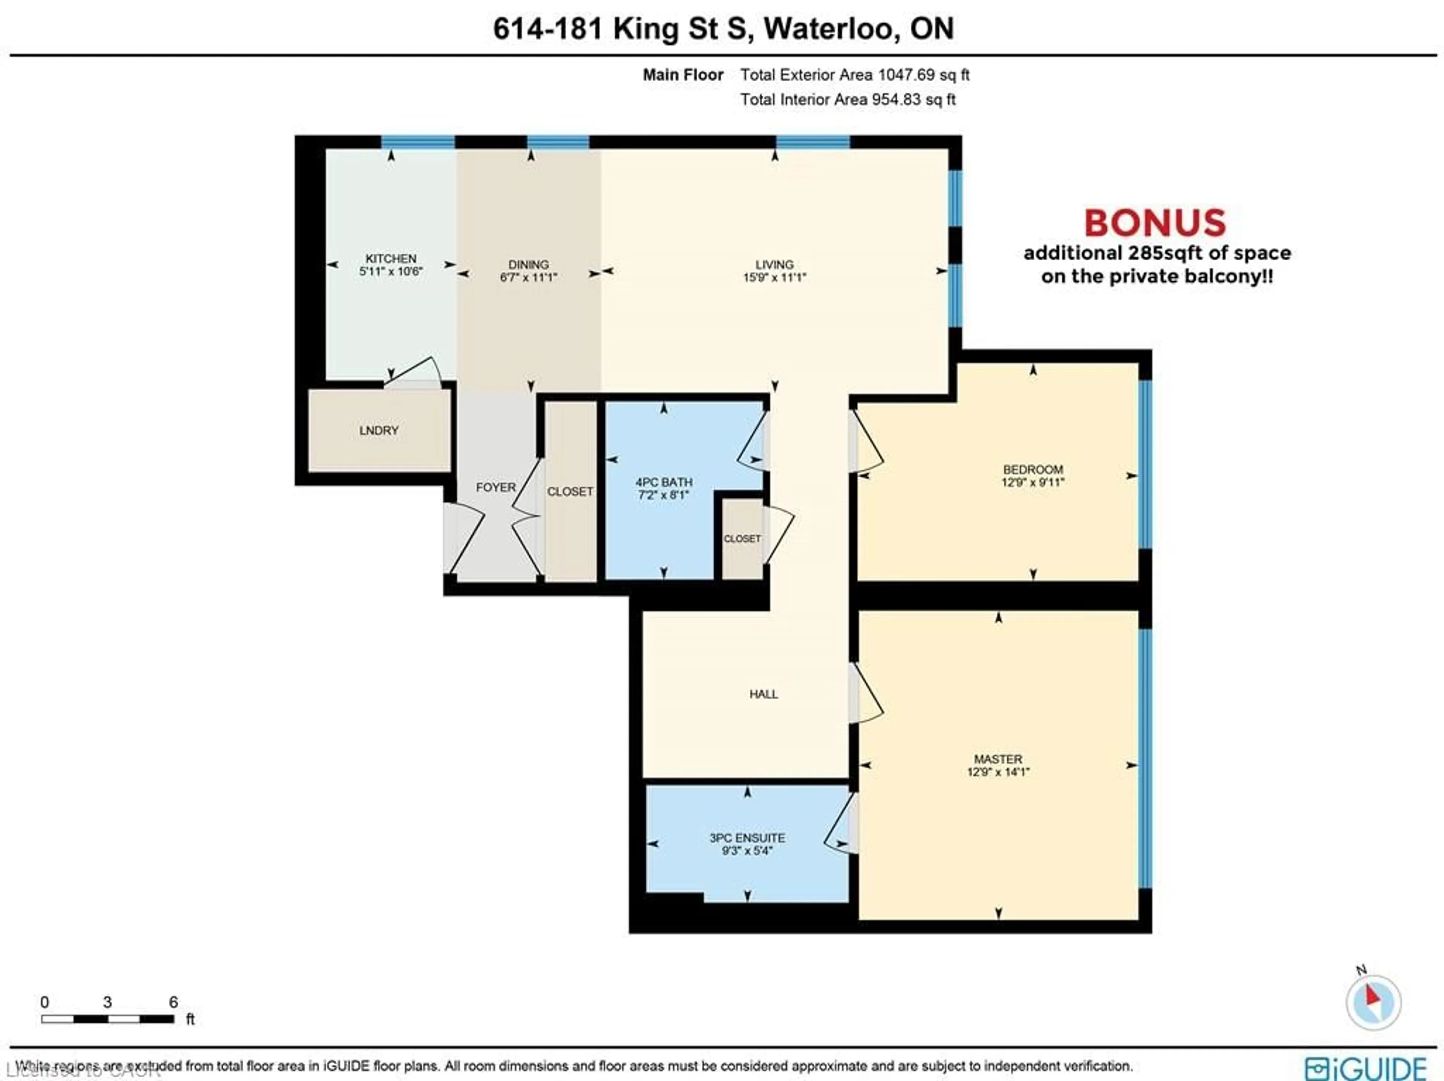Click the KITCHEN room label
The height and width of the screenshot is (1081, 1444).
click(x=390, y=258)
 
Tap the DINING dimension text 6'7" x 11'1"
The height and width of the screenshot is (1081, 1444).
click(x=528, y=277)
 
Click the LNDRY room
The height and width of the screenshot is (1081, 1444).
click(x=379, y=430)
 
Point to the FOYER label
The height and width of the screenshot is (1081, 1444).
click(x=496, y=487)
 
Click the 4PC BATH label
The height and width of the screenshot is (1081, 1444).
click(x=664, y=482)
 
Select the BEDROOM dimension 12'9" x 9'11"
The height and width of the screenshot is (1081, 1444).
click(x=1033, y=483)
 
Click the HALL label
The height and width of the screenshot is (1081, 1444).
click(x=763, y=694)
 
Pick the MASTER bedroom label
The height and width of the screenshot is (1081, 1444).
click(x=998, y=759)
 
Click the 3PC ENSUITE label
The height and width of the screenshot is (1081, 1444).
click(x=748, y=838)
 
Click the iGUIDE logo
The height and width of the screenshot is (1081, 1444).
click(x=1366, y=1067)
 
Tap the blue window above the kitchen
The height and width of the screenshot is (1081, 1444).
click(x=418, y=142)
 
